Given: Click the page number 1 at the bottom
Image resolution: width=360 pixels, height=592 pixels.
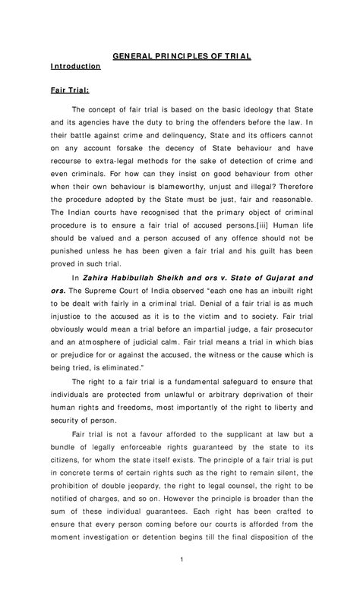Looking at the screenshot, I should click(x=180, y=581).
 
